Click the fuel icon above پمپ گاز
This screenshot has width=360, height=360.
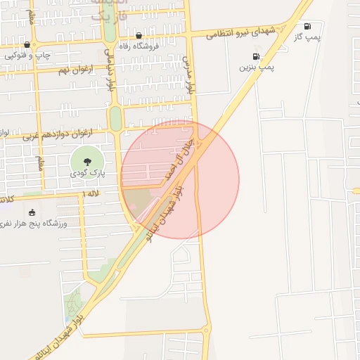tap(307, 27)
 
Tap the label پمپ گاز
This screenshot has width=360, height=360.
tap(307, 37)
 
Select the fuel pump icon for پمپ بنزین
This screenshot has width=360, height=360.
tap(255, 57)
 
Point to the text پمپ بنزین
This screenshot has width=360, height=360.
tap(256, 67)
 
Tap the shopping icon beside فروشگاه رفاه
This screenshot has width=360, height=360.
tap(139, 35)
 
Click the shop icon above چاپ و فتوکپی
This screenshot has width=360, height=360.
tap(26, 44)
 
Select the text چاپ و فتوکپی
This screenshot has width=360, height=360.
tap(25, 54)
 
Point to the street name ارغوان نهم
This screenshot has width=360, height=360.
tap(72, 70)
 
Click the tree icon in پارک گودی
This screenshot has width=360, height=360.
tap(87, 160)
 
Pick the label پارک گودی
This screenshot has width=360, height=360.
tap(87, 172)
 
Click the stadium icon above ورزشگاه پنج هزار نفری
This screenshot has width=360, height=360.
tap(32, 212)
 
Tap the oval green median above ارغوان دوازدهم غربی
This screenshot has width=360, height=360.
tap(115, 118)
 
